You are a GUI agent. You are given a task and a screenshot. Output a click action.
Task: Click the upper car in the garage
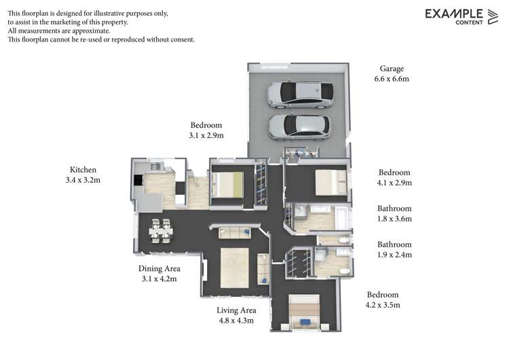(x=300, y=94)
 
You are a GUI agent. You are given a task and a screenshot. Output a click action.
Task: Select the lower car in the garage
(x=299, y=126)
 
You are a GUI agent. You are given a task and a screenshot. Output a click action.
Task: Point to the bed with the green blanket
(x=227, y=184)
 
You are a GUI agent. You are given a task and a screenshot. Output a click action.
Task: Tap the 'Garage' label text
(x=392, y=69)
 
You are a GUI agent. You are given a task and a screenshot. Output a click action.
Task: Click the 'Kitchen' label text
(x=83, y=169)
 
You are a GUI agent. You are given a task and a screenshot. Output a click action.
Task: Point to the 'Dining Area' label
(x=159, y=268)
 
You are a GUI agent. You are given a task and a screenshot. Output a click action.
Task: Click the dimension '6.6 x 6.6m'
(x=392, y=79)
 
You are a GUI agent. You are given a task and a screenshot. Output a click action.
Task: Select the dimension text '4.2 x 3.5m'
(x=383, y=305)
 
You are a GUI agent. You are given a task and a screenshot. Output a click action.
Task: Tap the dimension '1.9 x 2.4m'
(x=394, y=255)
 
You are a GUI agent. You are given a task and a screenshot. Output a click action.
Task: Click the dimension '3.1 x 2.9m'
(x=206, y=135)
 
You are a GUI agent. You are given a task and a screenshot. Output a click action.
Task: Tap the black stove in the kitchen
(x=138, y=180)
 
